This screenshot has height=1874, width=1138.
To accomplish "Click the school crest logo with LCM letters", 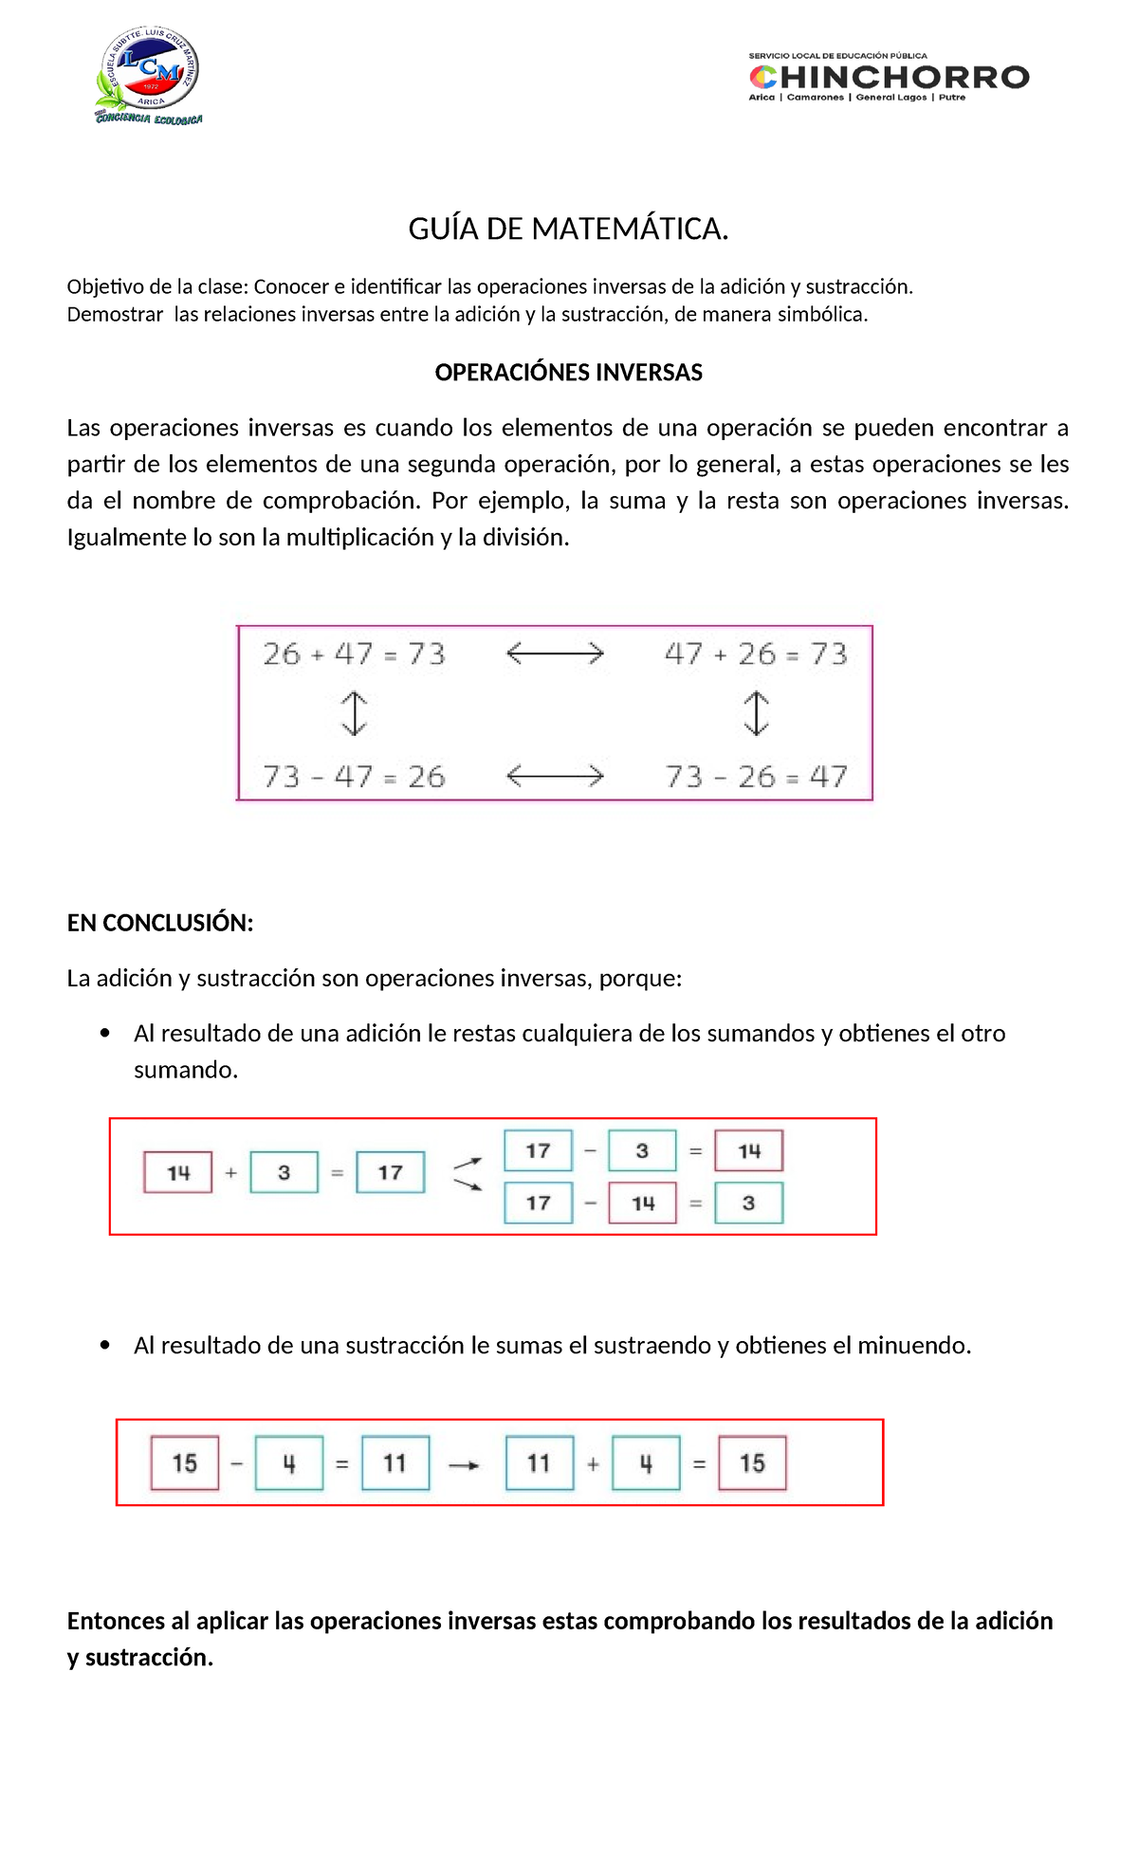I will (149, 76).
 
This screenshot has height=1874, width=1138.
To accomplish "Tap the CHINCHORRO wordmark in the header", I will (889, 77).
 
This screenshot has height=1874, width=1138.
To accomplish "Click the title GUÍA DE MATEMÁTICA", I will (568, 229).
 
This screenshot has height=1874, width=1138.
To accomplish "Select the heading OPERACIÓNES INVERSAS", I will (568, 373).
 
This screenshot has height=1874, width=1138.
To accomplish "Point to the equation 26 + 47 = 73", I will (354, 653).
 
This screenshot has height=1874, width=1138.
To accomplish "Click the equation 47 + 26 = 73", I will (756, 653).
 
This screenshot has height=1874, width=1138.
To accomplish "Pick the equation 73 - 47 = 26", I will (354, 777).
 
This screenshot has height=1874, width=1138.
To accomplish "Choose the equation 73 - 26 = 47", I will (756, 777).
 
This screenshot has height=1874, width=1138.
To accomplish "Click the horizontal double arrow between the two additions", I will (555, 653).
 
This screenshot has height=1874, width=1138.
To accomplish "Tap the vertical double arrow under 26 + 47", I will (354, 713).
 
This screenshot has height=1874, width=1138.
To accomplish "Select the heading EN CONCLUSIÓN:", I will (160, 923).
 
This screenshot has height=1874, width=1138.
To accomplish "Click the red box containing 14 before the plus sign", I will (178, 1173).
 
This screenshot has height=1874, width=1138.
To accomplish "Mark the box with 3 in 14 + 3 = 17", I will (284, 1173).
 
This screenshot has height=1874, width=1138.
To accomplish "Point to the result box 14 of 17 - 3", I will (749, 1151).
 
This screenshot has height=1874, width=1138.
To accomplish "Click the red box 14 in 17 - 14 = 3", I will (643, 1203).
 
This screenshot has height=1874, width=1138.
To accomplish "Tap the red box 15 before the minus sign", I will (185, 1463).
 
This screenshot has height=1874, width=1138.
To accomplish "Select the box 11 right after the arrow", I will (539, 1463).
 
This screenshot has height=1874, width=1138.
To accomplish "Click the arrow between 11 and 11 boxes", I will (464, 1465).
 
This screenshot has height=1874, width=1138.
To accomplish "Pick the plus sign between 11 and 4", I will (593, 1464).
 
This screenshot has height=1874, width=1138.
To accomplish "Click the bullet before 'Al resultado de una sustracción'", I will (105, 1345).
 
